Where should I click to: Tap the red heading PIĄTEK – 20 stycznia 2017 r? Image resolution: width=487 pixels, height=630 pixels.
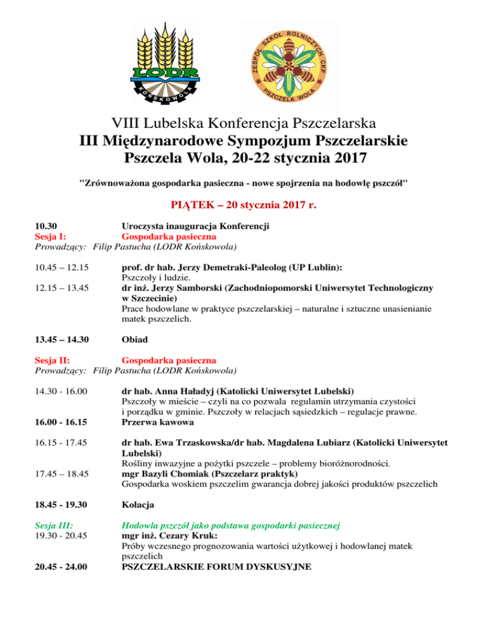point(244,205)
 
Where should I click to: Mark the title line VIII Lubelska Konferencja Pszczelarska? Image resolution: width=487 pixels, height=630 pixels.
point(244,120)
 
